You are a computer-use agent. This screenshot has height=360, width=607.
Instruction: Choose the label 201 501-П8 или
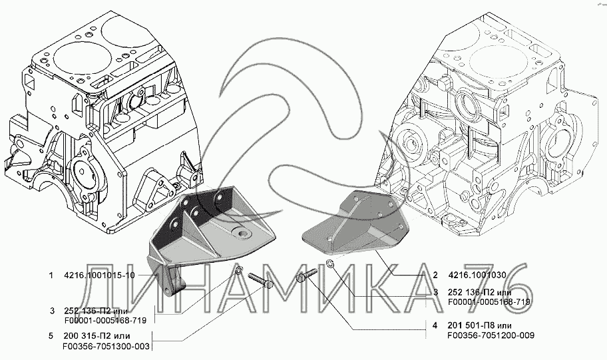coord(481,325)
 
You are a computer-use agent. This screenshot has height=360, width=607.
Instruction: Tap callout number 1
coord(51,274)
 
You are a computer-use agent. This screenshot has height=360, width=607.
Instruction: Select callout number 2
coord(435,274)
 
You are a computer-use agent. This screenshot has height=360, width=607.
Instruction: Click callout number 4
coord(435,325)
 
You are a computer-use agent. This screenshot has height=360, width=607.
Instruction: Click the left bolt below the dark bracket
coord(258,281)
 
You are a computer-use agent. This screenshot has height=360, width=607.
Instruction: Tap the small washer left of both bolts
coord(240,270)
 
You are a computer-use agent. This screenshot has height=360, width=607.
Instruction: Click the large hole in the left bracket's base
coord(241,235)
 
